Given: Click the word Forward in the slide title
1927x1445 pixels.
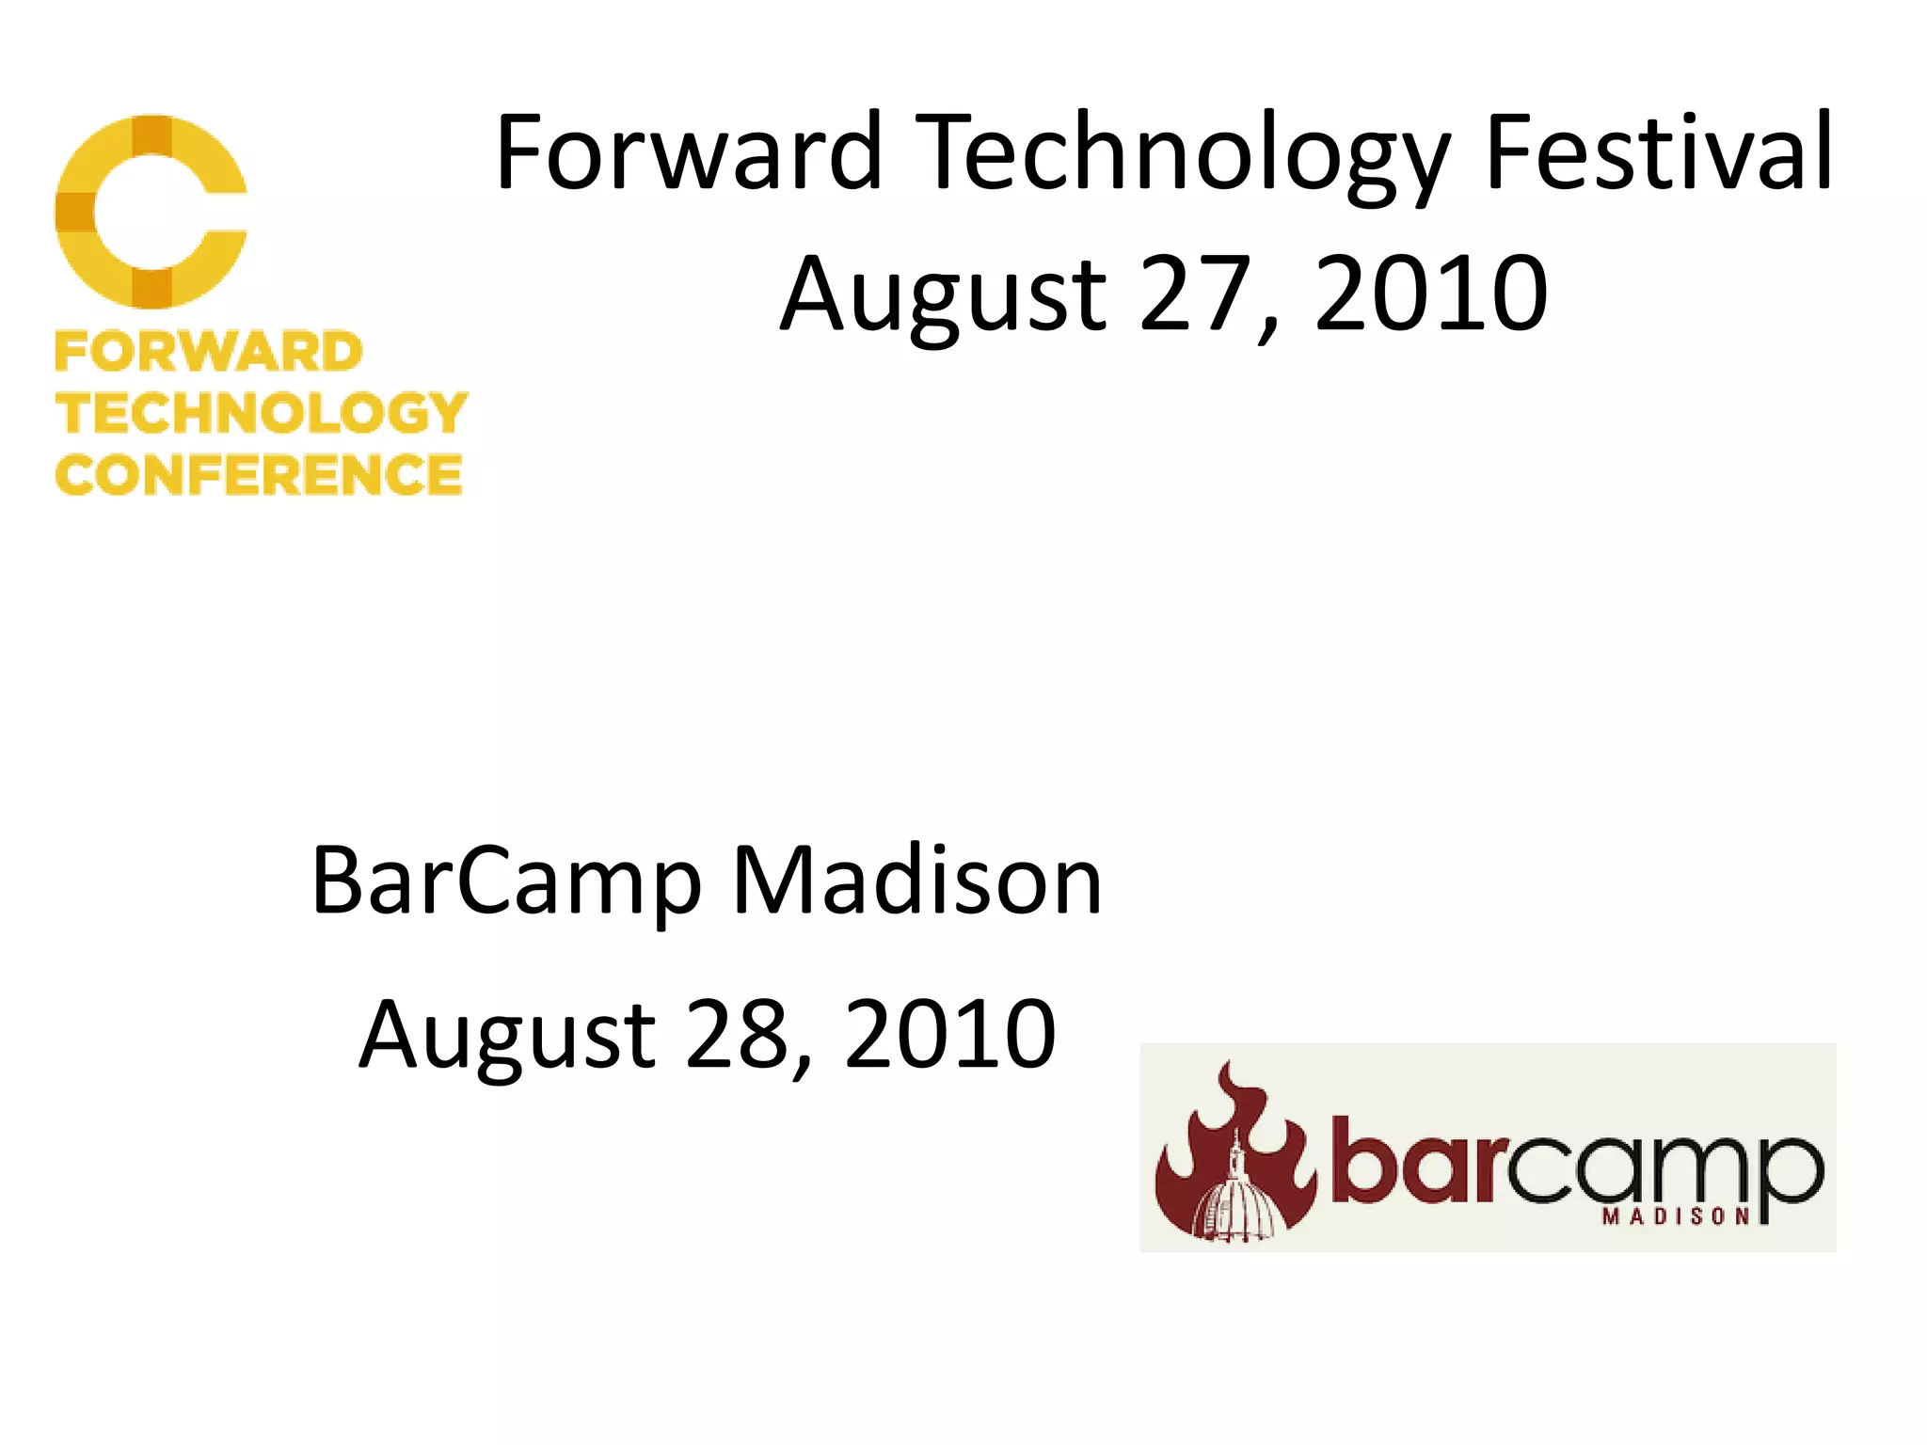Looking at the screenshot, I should tap(688, 152).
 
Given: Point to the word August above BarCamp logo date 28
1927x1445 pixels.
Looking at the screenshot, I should tap(507, 1035).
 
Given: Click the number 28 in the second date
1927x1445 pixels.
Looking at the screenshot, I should tap(737, 1035).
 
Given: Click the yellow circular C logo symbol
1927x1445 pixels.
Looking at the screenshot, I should tap(151, 211).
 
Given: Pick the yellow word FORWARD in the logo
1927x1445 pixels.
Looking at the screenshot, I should tap(209, 352).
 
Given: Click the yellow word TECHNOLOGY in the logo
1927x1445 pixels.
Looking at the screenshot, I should tap(262, 413).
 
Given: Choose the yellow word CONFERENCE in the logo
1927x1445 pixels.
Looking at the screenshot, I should tap(259, 474).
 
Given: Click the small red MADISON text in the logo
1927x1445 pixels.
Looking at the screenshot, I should tap(1676, 1216).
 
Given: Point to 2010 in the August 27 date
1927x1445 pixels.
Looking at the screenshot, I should tap(1429, 294).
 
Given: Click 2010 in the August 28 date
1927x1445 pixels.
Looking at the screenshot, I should tap(950, 1035).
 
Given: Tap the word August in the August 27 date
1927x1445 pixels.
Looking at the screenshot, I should tap(944, 294).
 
